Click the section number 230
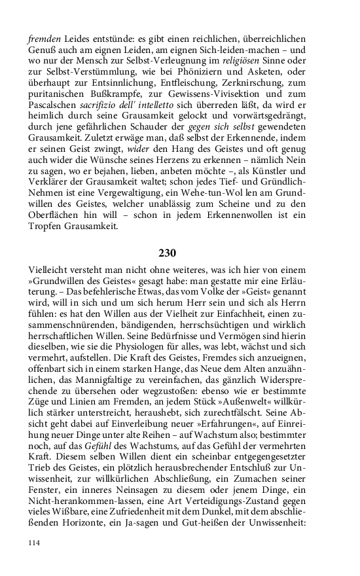tap(168, 253)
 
